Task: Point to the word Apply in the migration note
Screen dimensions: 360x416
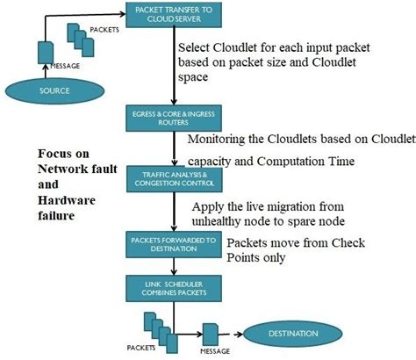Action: point(208,206)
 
